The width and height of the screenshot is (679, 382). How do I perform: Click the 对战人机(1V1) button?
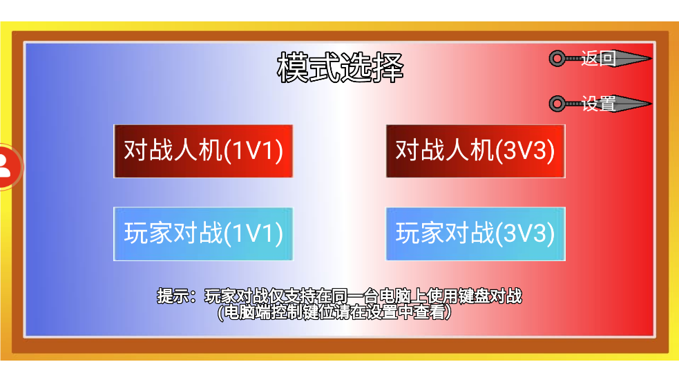click(203, 151)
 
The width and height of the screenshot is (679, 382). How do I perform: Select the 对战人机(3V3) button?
click(475, 151)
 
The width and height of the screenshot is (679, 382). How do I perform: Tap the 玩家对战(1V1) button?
click(203, 234)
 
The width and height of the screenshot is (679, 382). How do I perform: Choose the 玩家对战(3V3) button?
click(475, 234)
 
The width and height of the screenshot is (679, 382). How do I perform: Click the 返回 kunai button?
click(600, 59)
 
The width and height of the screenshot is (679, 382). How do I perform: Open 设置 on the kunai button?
click(600, 104)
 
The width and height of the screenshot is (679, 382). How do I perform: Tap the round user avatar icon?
click(9, 166)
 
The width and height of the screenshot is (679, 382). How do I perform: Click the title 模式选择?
click(341, 68)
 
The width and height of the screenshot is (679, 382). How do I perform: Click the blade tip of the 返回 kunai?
click(651, 59)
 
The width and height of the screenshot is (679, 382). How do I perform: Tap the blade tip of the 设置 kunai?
click(651, 104)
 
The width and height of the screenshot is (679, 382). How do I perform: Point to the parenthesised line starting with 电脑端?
click(334, 312)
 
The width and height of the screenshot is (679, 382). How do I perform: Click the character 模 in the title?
click(293, 68)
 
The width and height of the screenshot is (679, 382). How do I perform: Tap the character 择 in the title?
click(388, 68)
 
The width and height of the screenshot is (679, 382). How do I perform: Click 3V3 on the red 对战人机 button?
click(524, 151)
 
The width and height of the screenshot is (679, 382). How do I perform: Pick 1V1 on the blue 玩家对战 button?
click(253, 234)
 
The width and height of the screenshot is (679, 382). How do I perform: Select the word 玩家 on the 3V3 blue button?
click(420, 234)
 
